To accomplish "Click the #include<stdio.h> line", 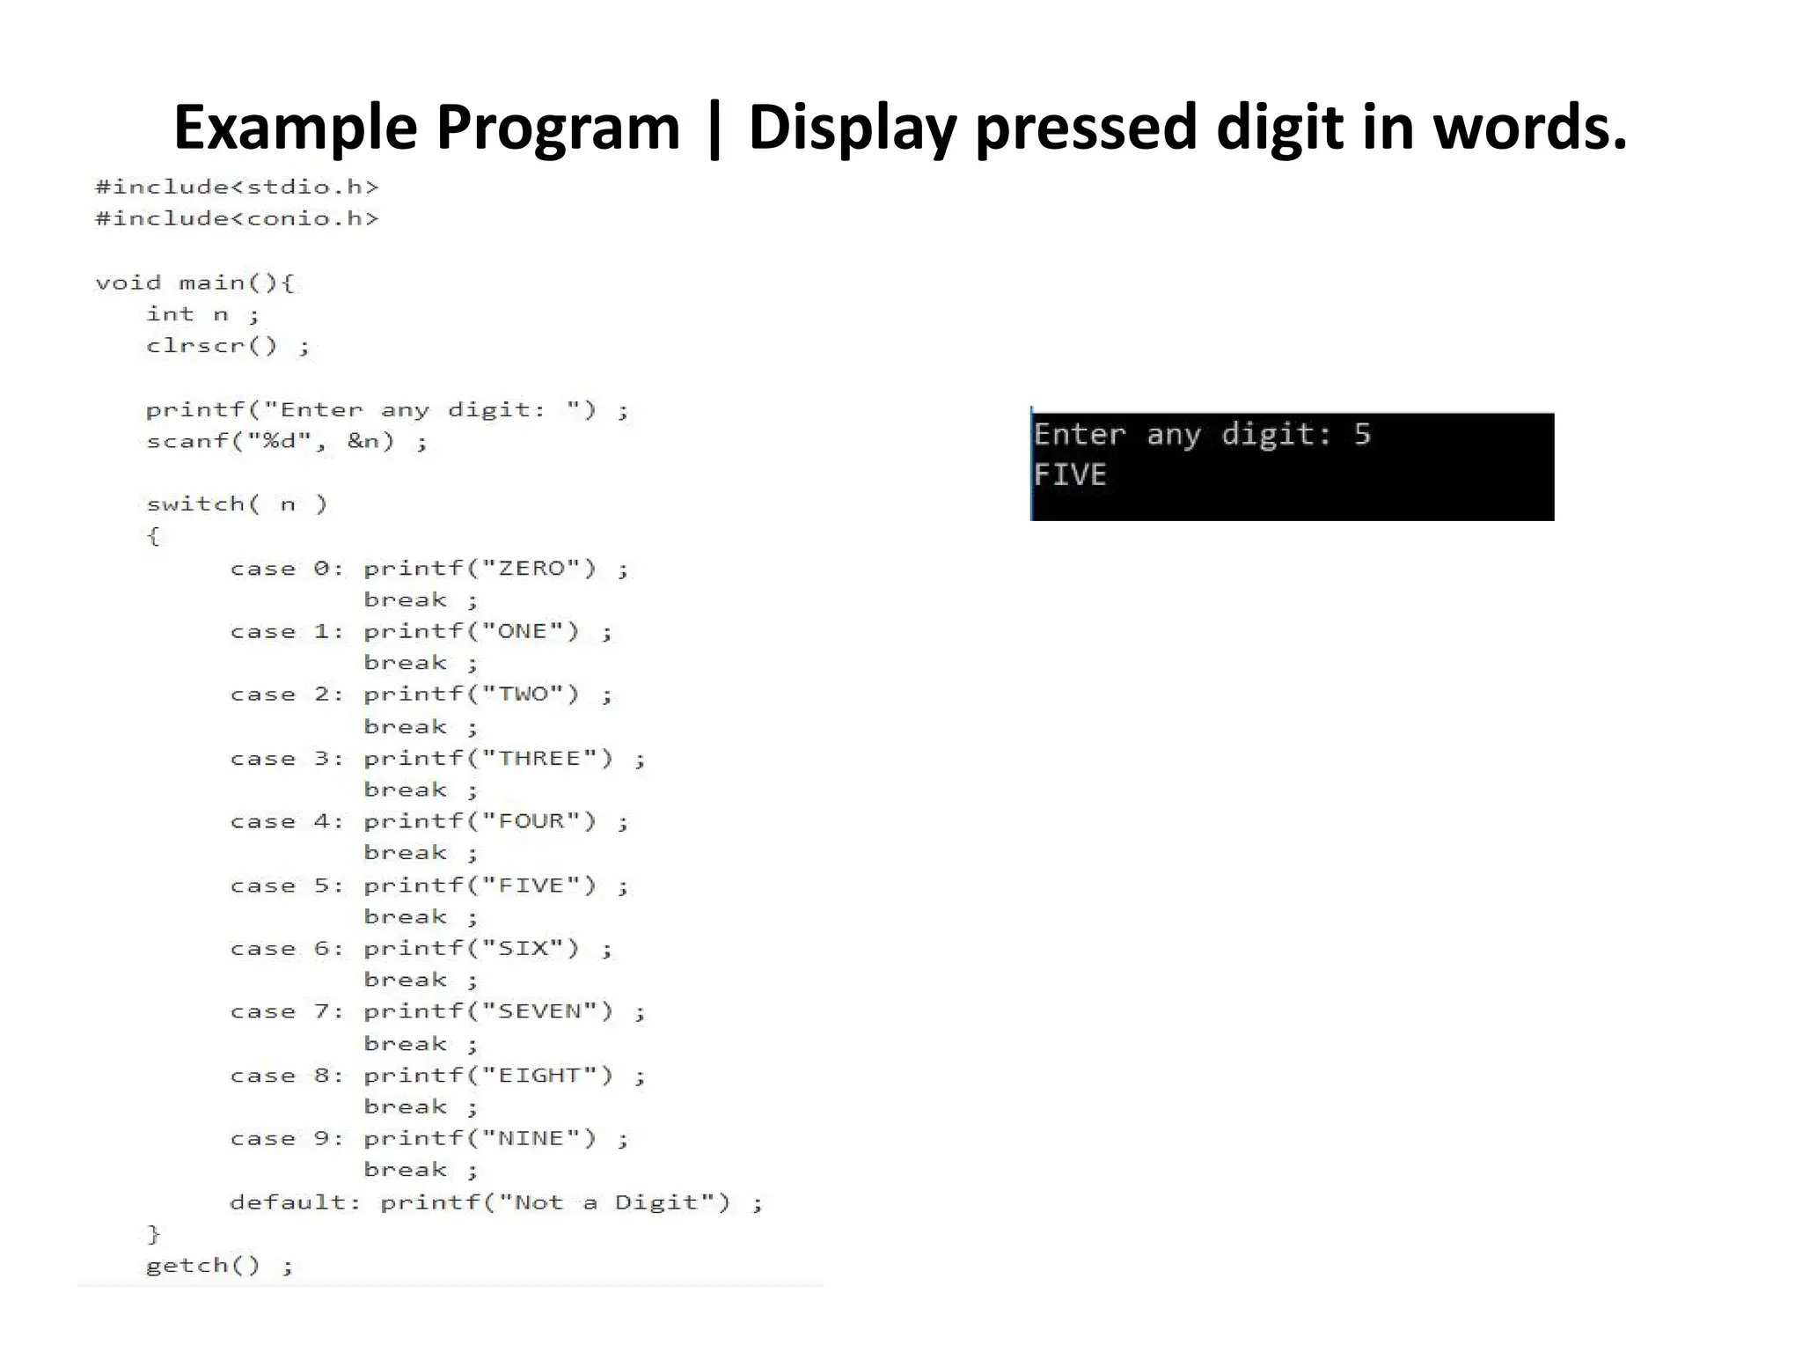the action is (237, 187).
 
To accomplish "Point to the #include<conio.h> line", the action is (237, 218).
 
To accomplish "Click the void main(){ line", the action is (194, 283).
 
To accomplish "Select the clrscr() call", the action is (211, 346).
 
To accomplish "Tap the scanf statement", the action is (286, 441).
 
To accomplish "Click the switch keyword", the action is (202, 504).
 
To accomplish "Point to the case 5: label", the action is (286, 885).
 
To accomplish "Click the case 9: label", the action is (286, 1139).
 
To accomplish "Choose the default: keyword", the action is (295, 1202).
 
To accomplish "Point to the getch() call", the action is (202, 1266).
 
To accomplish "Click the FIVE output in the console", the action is (1069, 475).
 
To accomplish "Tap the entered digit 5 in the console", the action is (1362, 434).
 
